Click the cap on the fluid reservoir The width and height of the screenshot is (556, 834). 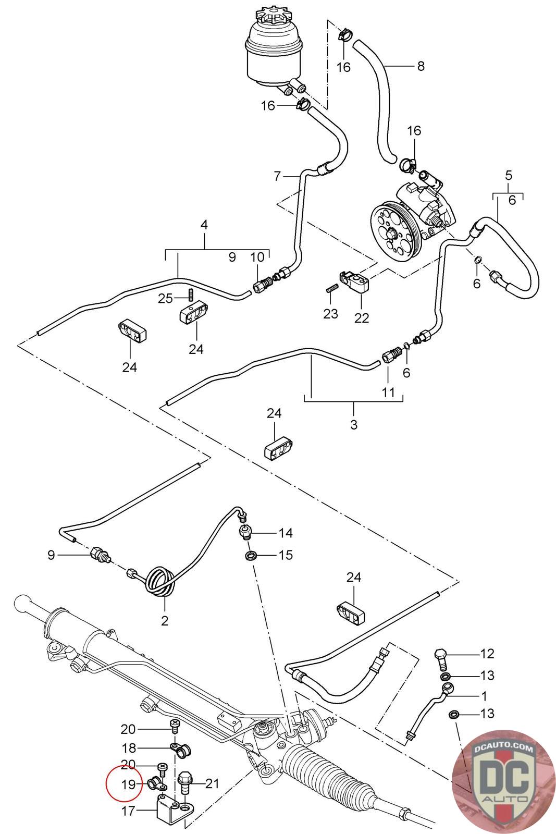[273, 18]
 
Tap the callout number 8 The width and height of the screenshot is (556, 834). [421, 66]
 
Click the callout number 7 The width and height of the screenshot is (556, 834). [277, 176]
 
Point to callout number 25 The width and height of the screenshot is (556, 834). [166, 298]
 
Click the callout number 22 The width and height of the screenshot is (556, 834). [361, 317]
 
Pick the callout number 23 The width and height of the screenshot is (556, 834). [330, 313]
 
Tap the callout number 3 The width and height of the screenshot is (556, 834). [353, 424]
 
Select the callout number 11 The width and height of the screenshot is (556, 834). [388, 392]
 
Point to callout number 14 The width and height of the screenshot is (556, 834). [286, 533]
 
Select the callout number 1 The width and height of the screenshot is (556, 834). [484, 695]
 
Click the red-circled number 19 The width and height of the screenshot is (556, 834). [128, 784]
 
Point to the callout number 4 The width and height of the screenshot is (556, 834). [204, 225]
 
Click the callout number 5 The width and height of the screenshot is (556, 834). [509, 175]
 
